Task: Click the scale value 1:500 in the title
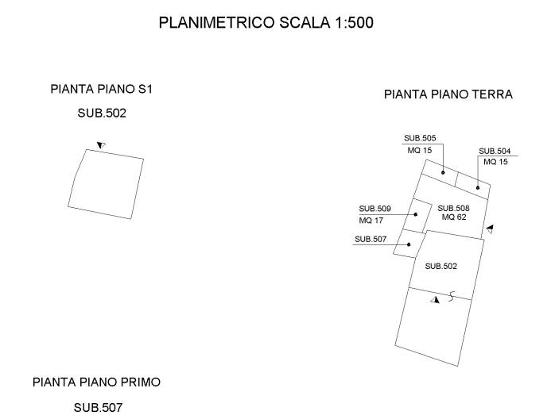tap(354, 23)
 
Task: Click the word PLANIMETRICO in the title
tap(216, 23)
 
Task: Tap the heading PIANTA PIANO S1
tap(102, 89)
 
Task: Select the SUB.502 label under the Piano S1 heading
tap(102, 113)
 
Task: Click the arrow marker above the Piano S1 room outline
tap(101, 144)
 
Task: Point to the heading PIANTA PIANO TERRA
tap(448, 94)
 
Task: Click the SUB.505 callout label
tap(420, 138)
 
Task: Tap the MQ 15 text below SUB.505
tap(420, 151)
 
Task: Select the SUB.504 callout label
tap(495, 151)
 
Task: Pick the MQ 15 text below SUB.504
tap(495, 162)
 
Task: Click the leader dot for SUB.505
tap(443, 172)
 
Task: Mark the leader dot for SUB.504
tap(478, 188)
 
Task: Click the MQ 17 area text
tap(371, 221)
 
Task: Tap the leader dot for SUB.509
tap(416, 214)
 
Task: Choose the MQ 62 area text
tap(454, 217)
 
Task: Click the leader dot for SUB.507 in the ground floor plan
tap(409, 244)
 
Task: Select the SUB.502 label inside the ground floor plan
tap(441, 266)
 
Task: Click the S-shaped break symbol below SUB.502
tap(452, 296)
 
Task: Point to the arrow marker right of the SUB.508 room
tap(490, 229)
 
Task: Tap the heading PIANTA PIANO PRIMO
tap(97, 382)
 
